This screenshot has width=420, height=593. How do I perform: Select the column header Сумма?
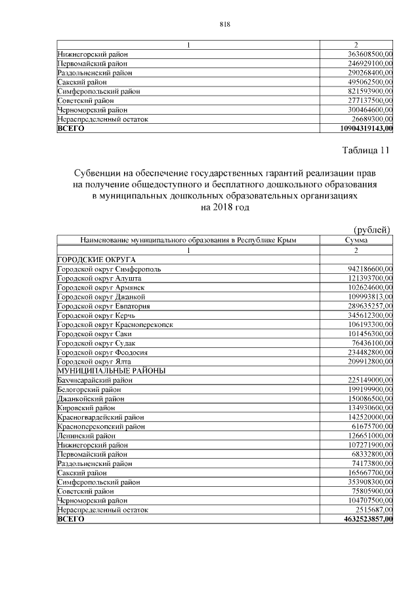coord(356,240)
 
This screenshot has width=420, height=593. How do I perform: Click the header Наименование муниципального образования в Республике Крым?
coord(188,240)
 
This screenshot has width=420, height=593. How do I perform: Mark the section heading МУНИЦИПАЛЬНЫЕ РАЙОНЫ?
coord(111,370)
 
